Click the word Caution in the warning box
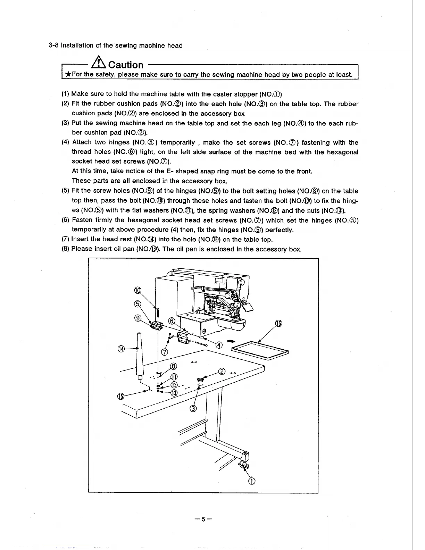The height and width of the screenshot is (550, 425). [x=126, y=65]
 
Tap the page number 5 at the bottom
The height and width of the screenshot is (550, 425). [x=203, y=519]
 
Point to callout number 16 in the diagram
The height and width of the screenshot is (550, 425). [x=278, y=324]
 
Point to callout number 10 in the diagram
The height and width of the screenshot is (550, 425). [x=138, y=291]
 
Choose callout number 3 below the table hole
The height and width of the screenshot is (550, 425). [x=193, y=408]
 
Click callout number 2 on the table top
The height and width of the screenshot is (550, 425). [x=222, y=371]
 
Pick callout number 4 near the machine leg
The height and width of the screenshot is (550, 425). [x=219, y=345]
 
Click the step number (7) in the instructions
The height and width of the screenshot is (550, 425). [x=65, y=239]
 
